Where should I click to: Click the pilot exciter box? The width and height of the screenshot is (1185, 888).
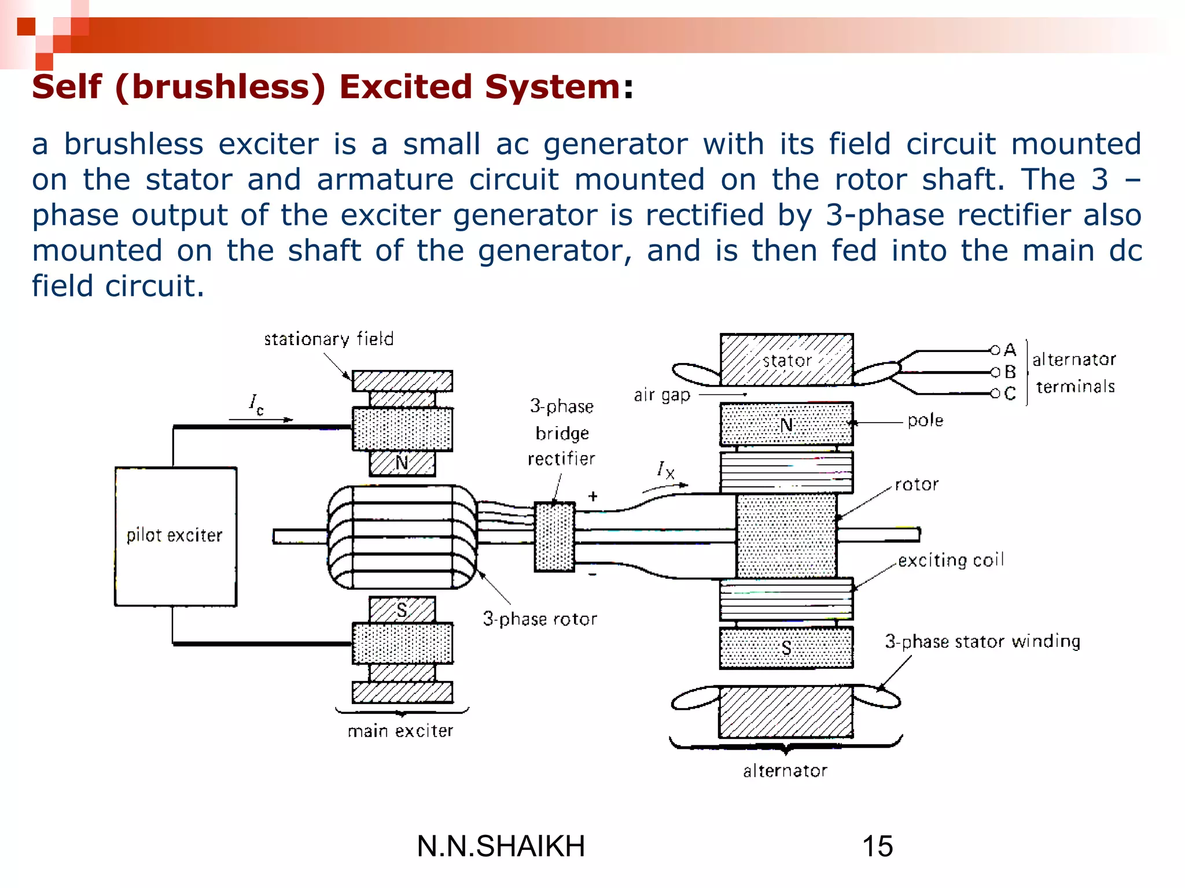(175, 536)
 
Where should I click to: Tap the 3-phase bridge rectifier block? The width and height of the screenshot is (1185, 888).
(554, 536)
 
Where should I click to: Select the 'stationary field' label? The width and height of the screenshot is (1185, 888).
(329, 339)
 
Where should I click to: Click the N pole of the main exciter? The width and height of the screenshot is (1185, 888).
(402, 462)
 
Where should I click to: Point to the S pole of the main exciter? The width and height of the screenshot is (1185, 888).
(402, 610)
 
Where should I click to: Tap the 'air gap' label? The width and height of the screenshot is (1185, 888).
(662, 395)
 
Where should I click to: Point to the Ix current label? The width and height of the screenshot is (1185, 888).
(665, 470)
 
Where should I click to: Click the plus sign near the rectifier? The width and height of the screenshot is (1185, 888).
(593, 496)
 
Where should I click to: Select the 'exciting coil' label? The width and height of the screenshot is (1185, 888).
(951, 560)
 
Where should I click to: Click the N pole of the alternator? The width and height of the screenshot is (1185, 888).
(786, 425)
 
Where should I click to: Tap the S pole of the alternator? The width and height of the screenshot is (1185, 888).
(786, 648)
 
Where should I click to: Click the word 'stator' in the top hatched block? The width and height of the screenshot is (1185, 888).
(787, 361)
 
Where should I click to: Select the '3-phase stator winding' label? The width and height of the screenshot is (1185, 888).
(982, 641)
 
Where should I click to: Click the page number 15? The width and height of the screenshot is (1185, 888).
(877, 846)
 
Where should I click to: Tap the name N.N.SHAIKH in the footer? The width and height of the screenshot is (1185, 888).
(501, 846)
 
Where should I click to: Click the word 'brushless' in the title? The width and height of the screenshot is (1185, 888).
(220, 87)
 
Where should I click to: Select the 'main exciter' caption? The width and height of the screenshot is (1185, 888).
(400, 731)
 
